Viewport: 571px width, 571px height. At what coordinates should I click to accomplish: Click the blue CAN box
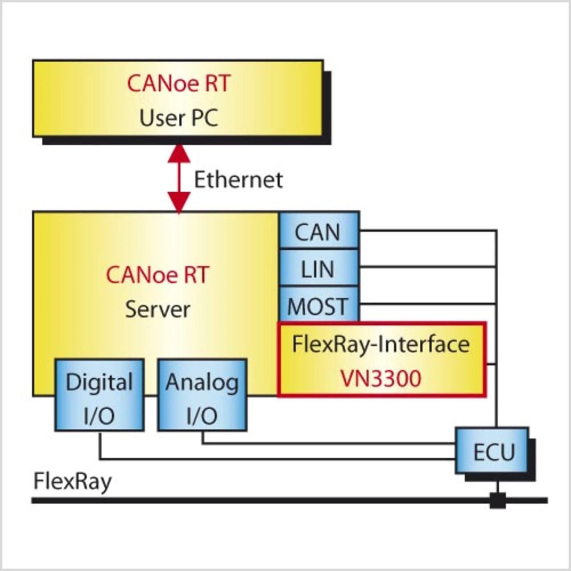point(319,231)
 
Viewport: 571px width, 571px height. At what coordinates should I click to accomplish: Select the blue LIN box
point(319,268)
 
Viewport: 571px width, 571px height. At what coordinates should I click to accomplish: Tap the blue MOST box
point(319,305)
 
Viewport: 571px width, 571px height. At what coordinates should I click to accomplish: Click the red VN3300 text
point(381,379)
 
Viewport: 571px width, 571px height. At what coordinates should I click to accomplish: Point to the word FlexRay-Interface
point(381,344)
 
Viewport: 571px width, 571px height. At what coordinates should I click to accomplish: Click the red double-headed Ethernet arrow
point(179,179)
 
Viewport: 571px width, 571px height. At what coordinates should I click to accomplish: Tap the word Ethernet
point(238,180)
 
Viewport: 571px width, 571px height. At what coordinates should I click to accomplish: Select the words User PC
point(178,118)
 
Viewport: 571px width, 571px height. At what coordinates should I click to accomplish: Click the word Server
point(157,309)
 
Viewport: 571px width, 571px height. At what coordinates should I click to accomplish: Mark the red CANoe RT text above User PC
point(178,83)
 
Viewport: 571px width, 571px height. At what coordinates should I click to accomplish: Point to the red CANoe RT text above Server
point(157,275)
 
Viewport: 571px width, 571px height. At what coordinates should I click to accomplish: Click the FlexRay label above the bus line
point(73,482)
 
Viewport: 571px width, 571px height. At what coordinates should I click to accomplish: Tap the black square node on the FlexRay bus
point(498,501)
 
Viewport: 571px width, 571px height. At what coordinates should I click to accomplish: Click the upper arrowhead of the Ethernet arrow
point(179,154)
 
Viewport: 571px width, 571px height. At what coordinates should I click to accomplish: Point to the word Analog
point(202,383)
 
